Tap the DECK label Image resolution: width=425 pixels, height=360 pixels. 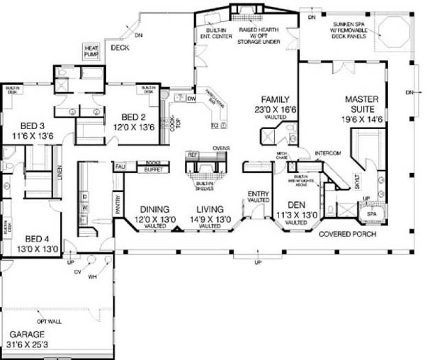pyautogui.click(x=120, y=48)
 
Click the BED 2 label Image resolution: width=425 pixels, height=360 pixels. pyautogui.click(x=132, y=117)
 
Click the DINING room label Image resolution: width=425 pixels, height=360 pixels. pyautogui.click(x=154, y=209)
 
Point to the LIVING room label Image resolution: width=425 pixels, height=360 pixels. pyautogui.click(x=210, y=209)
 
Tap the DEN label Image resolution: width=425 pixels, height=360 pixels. pyautogui.click(x=297, y=205)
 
